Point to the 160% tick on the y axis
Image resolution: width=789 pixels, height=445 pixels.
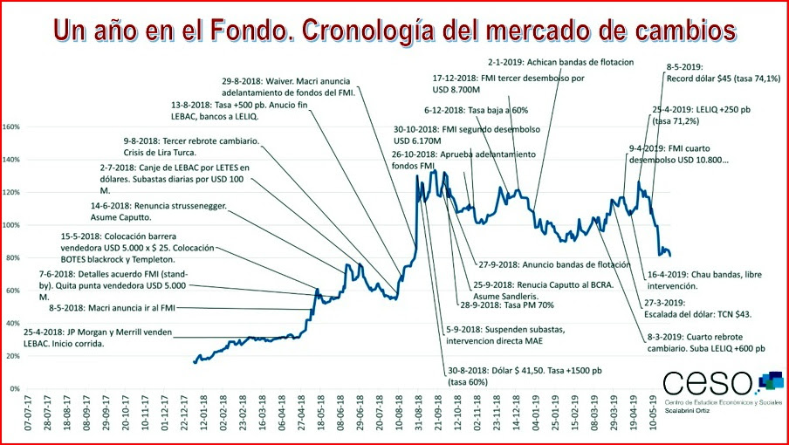coord(11,127)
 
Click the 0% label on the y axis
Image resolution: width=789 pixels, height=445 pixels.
coord(15,388)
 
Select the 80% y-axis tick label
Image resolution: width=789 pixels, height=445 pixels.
coord(13,258)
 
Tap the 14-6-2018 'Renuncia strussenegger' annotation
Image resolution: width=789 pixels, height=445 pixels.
coord(160,212)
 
